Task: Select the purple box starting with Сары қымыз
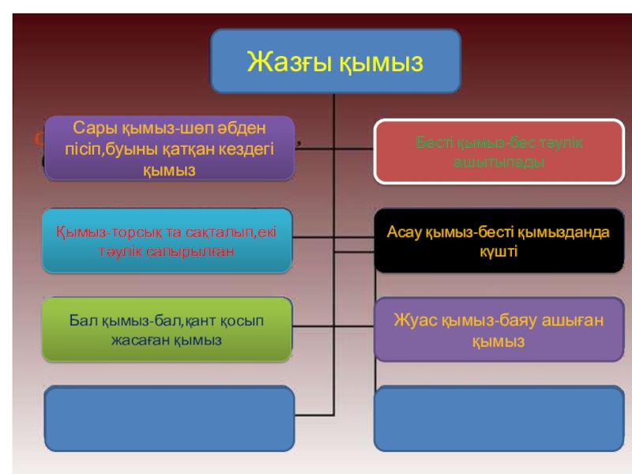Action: coord(170,148)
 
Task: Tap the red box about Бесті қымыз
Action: coord(499,152)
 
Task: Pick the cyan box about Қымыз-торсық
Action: coord(167,240)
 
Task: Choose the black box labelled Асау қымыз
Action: coord(498,240)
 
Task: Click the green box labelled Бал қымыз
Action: coord(167,330)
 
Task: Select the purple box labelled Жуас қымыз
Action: coord(498,330)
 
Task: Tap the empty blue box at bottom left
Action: coord(167,419)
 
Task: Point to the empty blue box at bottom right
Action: coord(498,419)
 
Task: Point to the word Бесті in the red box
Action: coord(434,143)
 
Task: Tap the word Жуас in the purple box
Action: coord(413,321)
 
